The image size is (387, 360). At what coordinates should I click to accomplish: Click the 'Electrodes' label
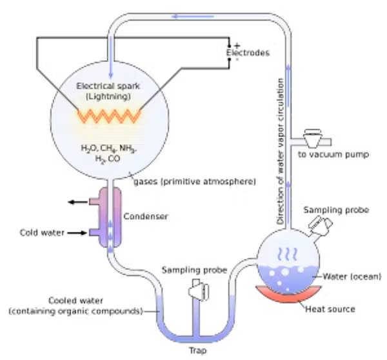pos(248,53)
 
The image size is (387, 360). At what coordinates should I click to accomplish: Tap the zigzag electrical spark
pos(109,116)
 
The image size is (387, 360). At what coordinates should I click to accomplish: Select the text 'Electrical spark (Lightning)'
pos(108,90)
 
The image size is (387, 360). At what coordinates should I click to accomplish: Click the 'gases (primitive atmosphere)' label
pos(194,182)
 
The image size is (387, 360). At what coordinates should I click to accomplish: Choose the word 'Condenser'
pos(145,216)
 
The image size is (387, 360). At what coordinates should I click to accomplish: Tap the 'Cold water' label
pos(41,233)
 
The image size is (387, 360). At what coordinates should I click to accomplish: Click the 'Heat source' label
pos(330,309)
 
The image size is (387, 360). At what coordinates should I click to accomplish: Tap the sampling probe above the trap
pos(195,292)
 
